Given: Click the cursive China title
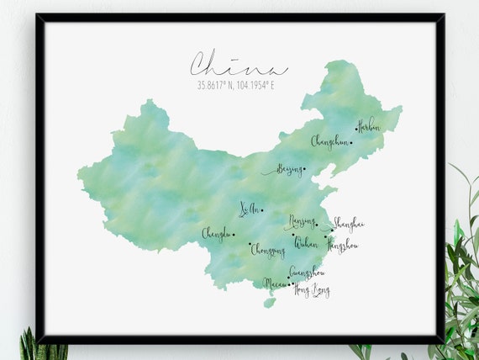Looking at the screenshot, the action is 238,65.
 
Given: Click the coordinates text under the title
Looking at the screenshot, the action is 238,85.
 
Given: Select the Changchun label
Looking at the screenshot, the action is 329,141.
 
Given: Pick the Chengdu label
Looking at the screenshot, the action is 216,234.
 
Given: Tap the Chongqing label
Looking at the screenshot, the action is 268,251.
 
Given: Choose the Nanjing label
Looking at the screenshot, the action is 302,222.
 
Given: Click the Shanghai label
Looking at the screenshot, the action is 348,224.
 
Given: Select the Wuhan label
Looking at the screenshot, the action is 307,242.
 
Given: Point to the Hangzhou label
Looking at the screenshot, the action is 342,246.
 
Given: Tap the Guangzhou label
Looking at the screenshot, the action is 307,272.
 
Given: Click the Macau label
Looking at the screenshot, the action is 276,283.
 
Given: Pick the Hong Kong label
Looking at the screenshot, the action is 311,291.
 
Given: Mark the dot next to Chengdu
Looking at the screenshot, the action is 234,235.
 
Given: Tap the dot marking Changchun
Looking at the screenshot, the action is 351,142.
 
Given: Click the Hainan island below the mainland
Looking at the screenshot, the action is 269,303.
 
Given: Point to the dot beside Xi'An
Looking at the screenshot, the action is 261,210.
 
